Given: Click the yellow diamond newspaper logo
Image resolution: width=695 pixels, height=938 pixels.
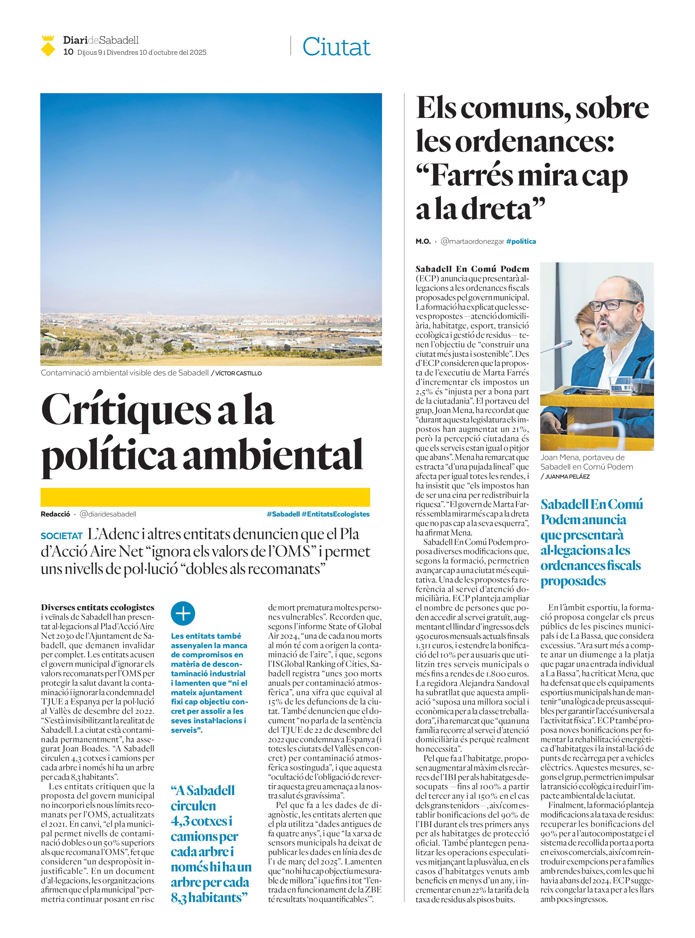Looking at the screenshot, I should (48, 46).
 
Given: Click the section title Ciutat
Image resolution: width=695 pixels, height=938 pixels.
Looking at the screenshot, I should (336, 47).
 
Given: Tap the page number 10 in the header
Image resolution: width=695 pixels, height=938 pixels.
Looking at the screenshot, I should (68, 52).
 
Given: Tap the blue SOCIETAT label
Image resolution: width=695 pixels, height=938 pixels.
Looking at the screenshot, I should (61, 536).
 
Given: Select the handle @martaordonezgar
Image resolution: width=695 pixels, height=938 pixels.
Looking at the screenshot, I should (472, 242).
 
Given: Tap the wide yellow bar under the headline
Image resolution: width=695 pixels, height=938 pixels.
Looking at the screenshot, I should (205, 497).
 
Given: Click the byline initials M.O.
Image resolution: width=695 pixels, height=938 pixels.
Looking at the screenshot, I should (423, 242).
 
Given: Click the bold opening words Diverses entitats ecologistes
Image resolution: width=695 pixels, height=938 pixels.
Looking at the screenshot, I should (98, 608).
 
